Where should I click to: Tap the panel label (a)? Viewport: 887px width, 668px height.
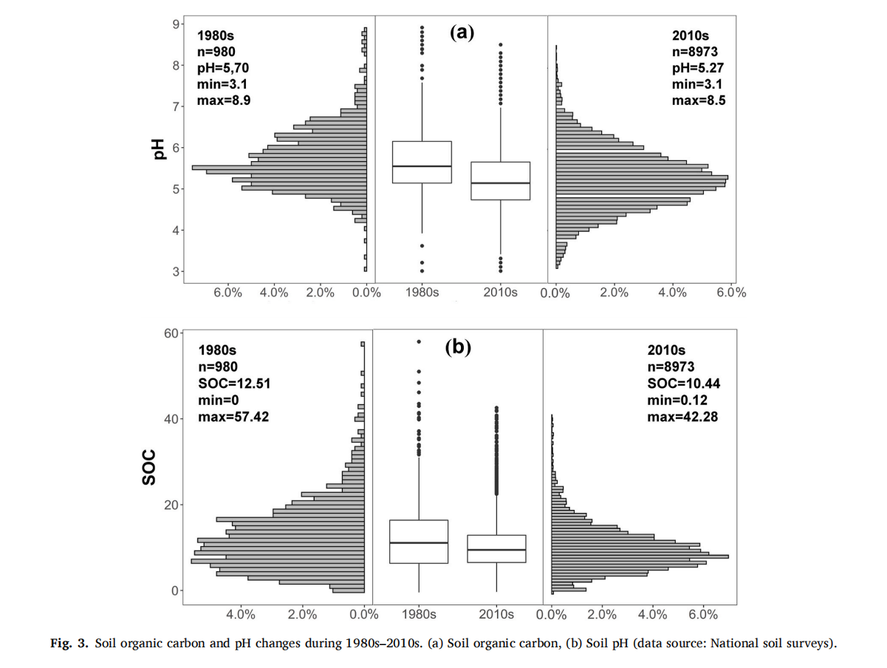point(462,32)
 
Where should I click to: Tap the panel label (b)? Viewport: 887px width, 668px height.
point(458,347)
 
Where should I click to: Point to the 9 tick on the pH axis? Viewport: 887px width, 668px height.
point(177,24)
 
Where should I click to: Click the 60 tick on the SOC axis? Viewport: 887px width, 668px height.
point(171,333)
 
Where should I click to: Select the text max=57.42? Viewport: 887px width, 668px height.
point(233,417)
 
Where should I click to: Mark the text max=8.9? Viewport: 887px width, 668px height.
point(224,100)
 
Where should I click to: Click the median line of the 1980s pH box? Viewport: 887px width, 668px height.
point(422,166)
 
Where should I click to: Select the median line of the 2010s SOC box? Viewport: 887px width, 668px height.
point(496,550)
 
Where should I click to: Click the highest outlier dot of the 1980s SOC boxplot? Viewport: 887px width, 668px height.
point(419,341)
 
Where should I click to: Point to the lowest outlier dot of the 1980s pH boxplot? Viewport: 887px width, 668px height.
point(422,271)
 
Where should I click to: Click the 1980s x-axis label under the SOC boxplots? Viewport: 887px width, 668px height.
point(419,614)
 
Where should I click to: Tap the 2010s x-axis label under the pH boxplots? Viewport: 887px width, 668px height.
point(500,293)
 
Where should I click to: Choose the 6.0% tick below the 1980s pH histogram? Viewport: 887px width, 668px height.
point(228,293)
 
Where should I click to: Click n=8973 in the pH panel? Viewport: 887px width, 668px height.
point(695,52)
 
